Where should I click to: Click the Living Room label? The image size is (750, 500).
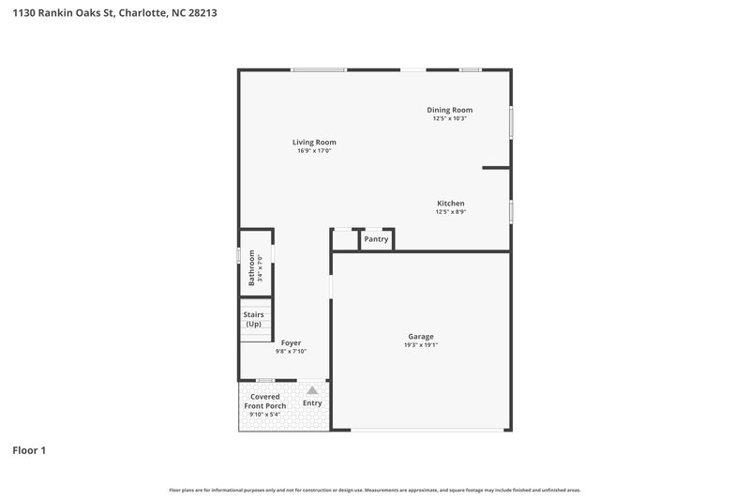click(x=314, y=142)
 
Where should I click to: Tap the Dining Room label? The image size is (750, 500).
click(x=449, y=110)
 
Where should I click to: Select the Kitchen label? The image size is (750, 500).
click(x=450, y=204)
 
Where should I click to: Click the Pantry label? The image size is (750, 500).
click(x=376, y=239)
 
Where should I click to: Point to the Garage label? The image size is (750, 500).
click(x=420, y=336)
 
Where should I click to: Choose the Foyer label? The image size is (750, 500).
click(x=292, y=343)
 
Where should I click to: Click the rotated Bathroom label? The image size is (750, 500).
click(x=251, y=267)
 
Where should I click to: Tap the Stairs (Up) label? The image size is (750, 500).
click(x=253, y=319)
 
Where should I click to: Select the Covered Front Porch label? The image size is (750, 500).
click(x=264, y=401)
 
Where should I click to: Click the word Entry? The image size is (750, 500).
click(x=312, y=403)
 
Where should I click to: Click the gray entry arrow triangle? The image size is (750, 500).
click(x=312, y=388)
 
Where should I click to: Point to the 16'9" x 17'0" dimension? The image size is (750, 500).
click(x=314, y=151)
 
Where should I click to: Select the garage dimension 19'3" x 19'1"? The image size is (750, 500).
click(x=420, y=345)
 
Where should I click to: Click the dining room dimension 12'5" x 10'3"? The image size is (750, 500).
click(x=449, y=119)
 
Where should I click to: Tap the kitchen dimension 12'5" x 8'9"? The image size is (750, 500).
click(x=450, y=212)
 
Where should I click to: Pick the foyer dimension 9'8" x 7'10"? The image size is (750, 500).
click(x=292, y=352)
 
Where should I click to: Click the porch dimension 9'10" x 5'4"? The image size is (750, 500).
click(x=263, y=415)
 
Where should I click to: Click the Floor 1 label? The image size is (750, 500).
click(x=28, y=450)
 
